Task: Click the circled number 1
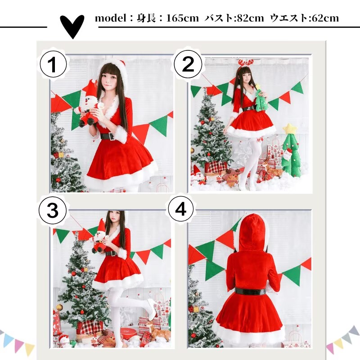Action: [x=53, y=64]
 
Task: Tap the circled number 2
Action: [x=188, y=64]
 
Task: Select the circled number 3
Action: [x=53, y=210]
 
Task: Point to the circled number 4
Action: [x=181, y=209]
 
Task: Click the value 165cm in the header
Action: [x=183, y=18]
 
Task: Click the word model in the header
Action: [x=111, y=18]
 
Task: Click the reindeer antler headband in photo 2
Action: [x=246, y=63]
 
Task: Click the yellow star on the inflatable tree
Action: [x=290, y=128]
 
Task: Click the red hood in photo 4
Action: [x=252, y=232]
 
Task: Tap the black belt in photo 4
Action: [x=250, y=292]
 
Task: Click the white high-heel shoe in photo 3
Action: [x=152, y=306]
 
